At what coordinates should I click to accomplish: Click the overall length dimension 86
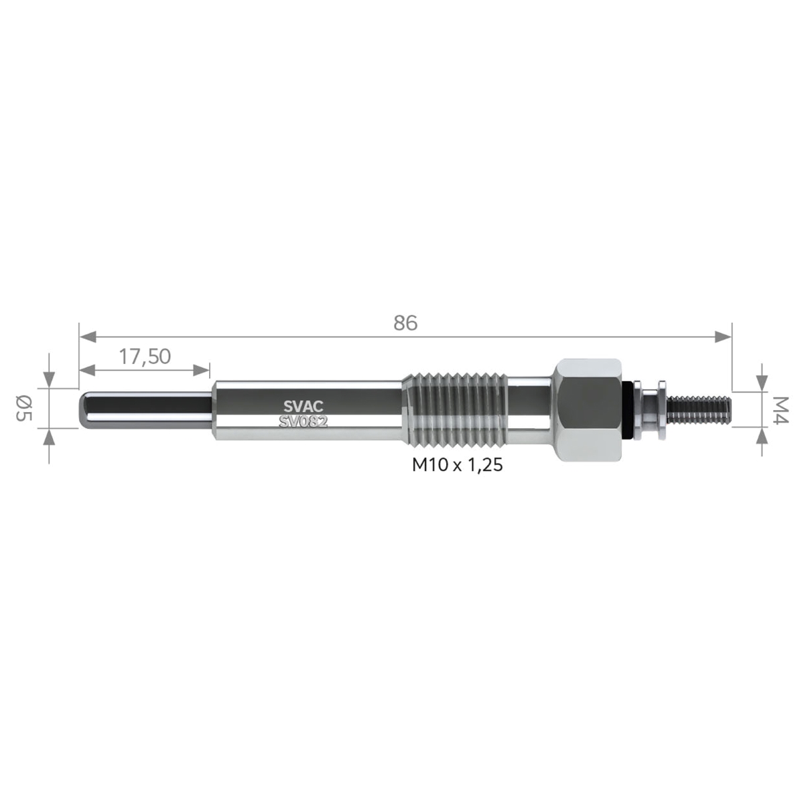pyautogui.click(x=405, y=323)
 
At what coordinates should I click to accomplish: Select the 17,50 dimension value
pyautogui.click(x=145, y=356)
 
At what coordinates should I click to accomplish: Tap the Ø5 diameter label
pyautogui.click(x=24, y=409)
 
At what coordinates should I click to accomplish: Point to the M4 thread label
pyautogui.click(x=779, y=410)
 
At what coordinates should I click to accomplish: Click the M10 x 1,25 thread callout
pyautogui.click(x=458, y=465)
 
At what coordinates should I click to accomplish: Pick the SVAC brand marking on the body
pyautogui.click(x=304, y=406)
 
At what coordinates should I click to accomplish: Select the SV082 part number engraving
pyautogui.click(x=304, y=422)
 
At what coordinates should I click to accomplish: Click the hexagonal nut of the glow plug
pyautogui.click(x=590, y=410)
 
